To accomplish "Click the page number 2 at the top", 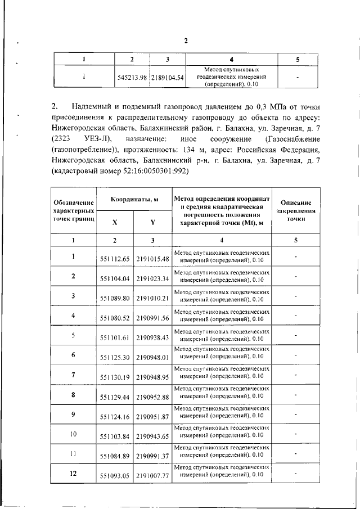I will click(x=186, y=40).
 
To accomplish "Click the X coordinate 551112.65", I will click(x=115, y=259).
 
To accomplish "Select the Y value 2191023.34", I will click(x=152, y=278).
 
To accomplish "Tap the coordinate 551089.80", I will click(x=115, y=298).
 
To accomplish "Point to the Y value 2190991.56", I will click(x=152, y=318).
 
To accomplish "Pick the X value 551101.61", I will click(x=115, y=337).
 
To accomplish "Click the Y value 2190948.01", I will click(x=152, y=357).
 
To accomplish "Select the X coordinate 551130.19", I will click(x=115, y=377).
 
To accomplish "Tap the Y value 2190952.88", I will click(x=152, y=397).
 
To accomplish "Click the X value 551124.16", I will click(x=115, y=417).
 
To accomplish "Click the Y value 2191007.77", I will click(x=152, y=476).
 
